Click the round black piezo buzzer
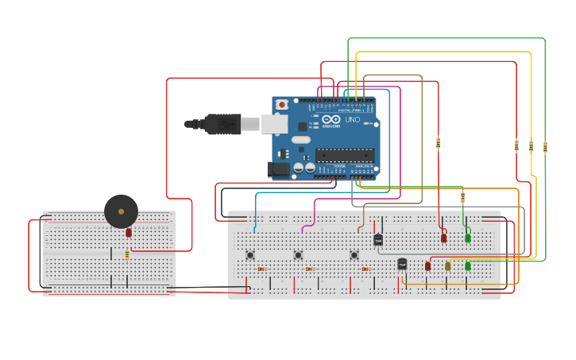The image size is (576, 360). pyautogui.click(x=121, y=211)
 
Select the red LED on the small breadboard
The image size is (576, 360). pyautogui.click(x=129, y=233)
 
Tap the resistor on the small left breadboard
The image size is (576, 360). pyautogui.click(x=127, y=255)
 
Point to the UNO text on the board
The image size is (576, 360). pyautogui.click(x=352, y=120)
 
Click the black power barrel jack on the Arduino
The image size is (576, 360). pyautogui.click(x=279, y=168)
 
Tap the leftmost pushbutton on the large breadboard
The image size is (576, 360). pyautogui.click(x=250, y=254)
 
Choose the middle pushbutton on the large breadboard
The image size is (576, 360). pyautogui.click(x=298, y=254)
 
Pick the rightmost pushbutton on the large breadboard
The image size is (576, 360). pyautogui.click(x=354, y=254)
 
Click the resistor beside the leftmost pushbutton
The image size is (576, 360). pyautogui.click(x=261, y=269)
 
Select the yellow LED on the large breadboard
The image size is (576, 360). pyautogui.click(x=448, y=266)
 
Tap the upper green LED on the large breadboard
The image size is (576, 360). pyautogui.click(x=468, y=238)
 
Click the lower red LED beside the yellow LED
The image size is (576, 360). pyautogui.click(x=428, y=266)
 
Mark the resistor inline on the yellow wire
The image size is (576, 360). pyautogui.click(x=531, y=145)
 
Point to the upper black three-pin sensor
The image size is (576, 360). pyautogui.click(x=378, y=239)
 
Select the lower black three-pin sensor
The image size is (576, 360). pyautogui.click(x=402, y=264)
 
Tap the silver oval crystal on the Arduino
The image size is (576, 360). pyautogui.click(x=300, y=140)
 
